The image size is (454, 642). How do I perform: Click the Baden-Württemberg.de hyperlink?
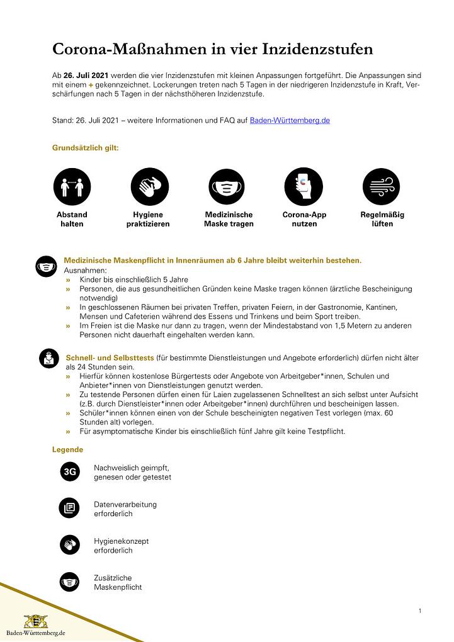[x=290, y=120]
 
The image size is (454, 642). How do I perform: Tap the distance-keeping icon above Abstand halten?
[x=72, y=187]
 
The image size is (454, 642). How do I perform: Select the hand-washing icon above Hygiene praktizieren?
[x=150, y=187]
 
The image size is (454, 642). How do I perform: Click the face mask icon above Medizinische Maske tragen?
[x=227, y=187]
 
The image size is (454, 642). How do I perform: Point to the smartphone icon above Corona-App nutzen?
[x=304, y=187]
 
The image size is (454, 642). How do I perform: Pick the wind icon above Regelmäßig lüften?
[x=382, y=187]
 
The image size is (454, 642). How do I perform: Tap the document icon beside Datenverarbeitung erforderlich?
[x=70, y=508]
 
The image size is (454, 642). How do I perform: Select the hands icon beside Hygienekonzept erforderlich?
[x=70, y=544]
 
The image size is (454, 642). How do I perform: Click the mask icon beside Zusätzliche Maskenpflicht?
[x=70, y=582]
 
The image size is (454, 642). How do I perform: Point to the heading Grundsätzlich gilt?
[x=85, y=148]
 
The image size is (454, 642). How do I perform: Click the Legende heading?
[x=67, y=449]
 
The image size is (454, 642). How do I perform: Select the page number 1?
[x=419, y=611]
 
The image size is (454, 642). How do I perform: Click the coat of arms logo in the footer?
[x=35, y=621]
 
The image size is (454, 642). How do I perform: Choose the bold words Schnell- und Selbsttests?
[x=110, y=358]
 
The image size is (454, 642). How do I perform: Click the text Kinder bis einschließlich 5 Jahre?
[x=134, y=279]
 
